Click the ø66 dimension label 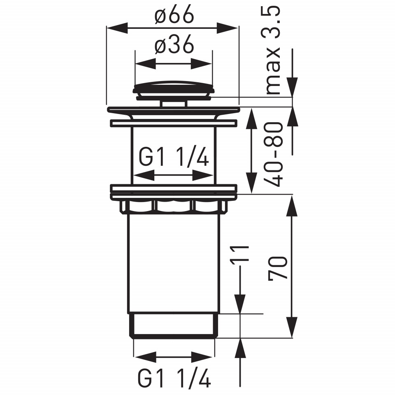tap(174, 14)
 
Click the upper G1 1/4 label tap(174, 157)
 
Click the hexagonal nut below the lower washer tap(174, 207)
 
